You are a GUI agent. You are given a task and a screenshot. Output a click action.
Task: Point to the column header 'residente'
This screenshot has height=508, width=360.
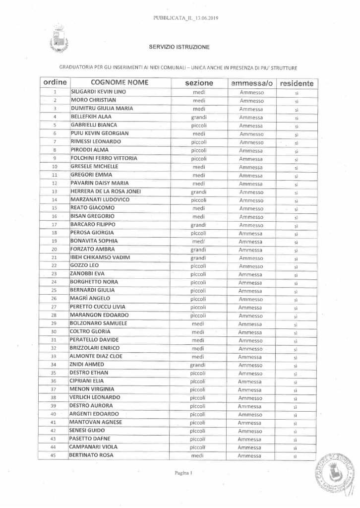296,83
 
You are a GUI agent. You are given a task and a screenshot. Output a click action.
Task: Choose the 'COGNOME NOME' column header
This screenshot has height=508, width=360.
120,83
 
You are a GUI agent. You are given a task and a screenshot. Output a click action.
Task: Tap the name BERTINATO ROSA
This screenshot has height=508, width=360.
92,455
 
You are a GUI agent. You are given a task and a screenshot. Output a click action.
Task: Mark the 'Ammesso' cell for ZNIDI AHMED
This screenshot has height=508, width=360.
251,365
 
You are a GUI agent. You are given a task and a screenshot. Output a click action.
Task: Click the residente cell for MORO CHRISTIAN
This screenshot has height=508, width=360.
296,101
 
